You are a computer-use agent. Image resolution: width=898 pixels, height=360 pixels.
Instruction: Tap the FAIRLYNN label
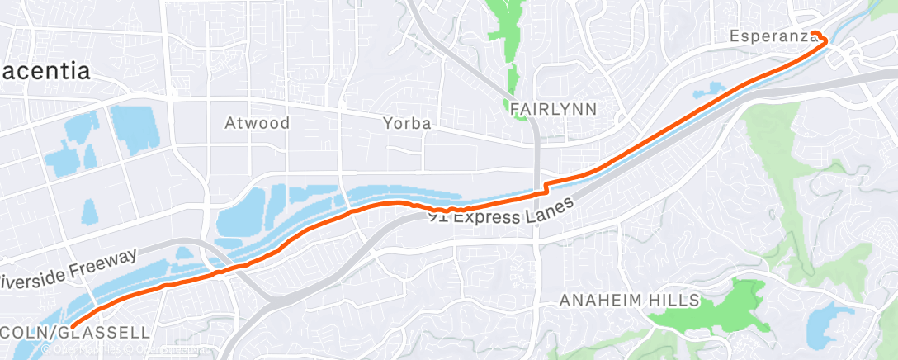(553, 108)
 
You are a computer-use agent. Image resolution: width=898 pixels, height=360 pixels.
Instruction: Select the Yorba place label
(408, 123)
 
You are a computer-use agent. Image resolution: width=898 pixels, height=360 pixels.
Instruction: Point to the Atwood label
(258, 123)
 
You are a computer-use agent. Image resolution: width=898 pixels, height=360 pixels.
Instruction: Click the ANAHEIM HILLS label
(629, 301)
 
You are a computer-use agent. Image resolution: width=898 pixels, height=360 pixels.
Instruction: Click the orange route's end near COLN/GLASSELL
(73, 327)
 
